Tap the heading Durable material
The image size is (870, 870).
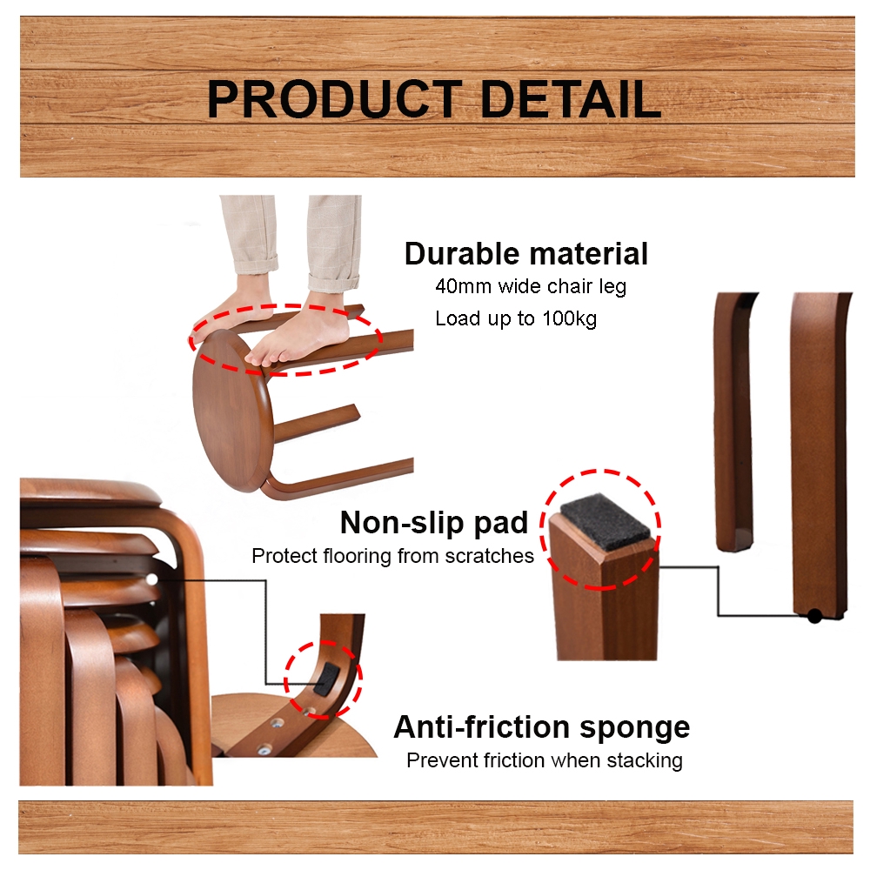pyautogui.click(x=526, y=254)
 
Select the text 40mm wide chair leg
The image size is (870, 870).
pyautogui.click(x=530, y=286)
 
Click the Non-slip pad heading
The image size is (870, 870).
pyautogui.click(x=434, y=522)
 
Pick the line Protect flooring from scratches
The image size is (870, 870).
pyautogui.click(x=392, y=556)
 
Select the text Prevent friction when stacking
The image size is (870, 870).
pyautogui.click(x=544, y=760)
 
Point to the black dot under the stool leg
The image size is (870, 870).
pyautogui.click(x=813, y=616)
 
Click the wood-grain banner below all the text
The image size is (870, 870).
pyautogui.click(x=435, y=826)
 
